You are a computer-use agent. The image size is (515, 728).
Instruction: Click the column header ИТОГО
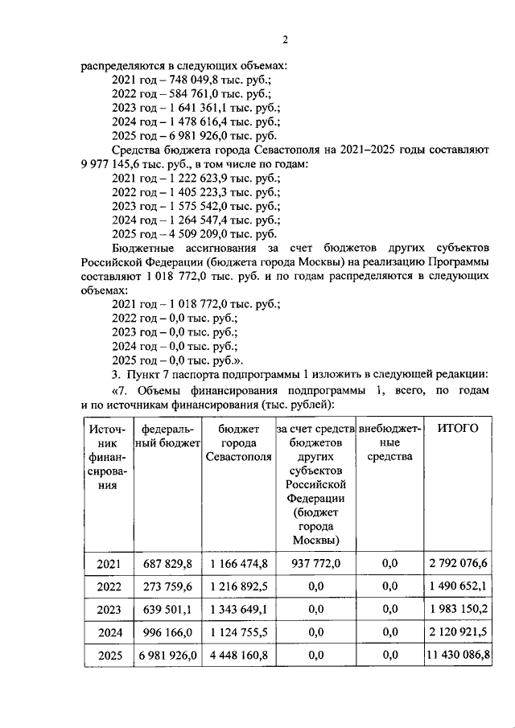click(457, 428)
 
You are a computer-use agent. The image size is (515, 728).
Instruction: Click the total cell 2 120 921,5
click(457, 633)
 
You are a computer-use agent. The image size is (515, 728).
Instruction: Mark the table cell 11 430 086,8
click(457, 656)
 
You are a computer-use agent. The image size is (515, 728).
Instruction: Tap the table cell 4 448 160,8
click(238, 656)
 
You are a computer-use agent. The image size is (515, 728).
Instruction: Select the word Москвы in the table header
click(315, 538)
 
